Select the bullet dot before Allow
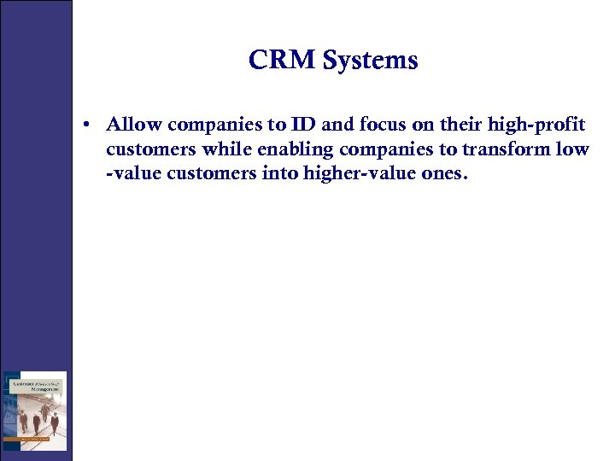click(88, 125)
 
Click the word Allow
click(134, 125)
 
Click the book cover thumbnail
click(35, 411)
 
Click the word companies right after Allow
click(218, 126)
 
